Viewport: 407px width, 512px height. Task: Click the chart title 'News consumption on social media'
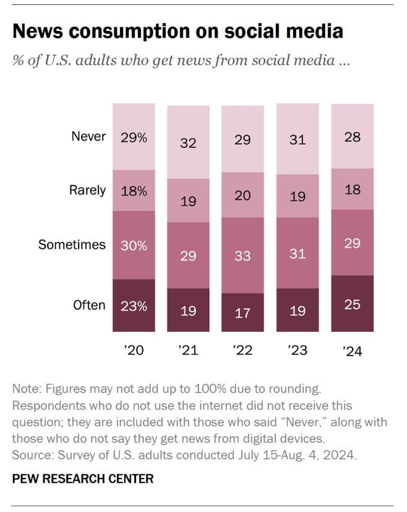(x=177, y=32)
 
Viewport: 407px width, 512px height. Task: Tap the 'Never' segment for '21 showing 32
(x=188, y=142)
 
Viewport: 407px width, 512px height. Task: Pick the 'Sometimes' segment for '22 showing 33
(x=242, y=255)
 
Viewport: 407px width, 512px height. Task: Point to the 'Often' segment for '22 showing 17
(x=242, y=313)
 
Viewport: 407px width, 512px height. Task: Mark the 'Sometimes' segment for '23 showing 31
(x=298, y=254)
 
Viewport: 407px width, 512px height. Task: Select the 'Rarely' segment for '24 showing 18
(x=353, y=189)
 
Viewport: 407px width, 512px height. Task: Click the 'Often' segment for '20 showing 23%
(x=134, y=305)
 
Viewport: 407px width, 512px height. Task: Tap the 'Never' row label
(x=88, y=137)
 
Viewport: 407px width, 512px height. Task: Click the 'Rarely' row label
(x=87, y=191)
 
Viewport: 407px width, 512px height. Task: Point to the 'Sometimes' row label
(x=72, y=245)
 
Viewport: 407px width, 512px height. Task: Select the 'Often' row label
(x=89, y=305)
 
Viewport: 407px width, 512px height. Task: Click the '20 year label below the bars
(x=134, y=350)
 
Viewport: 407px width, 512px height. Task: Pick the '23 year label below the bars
(x=298, y=350)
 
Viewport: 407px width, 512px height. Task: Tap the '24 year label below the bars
(x=352, y=350)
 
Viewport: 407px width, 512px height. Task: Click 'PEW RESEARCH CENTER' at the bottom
(x=82, y=479)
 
